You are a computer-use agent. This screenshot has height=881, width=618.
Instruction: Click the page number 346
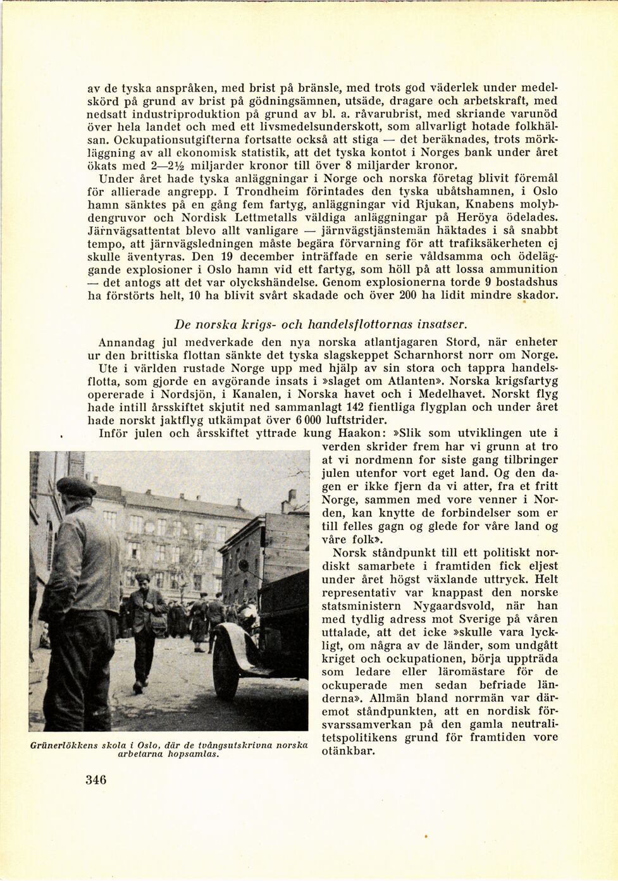pos(96,779)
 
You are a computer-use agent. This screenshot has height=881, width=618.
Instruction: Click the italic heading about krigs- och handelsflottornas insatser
pos(321,324)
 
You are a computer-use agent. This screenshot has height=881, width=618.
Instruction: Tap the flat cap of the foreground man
pos(75,487)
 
